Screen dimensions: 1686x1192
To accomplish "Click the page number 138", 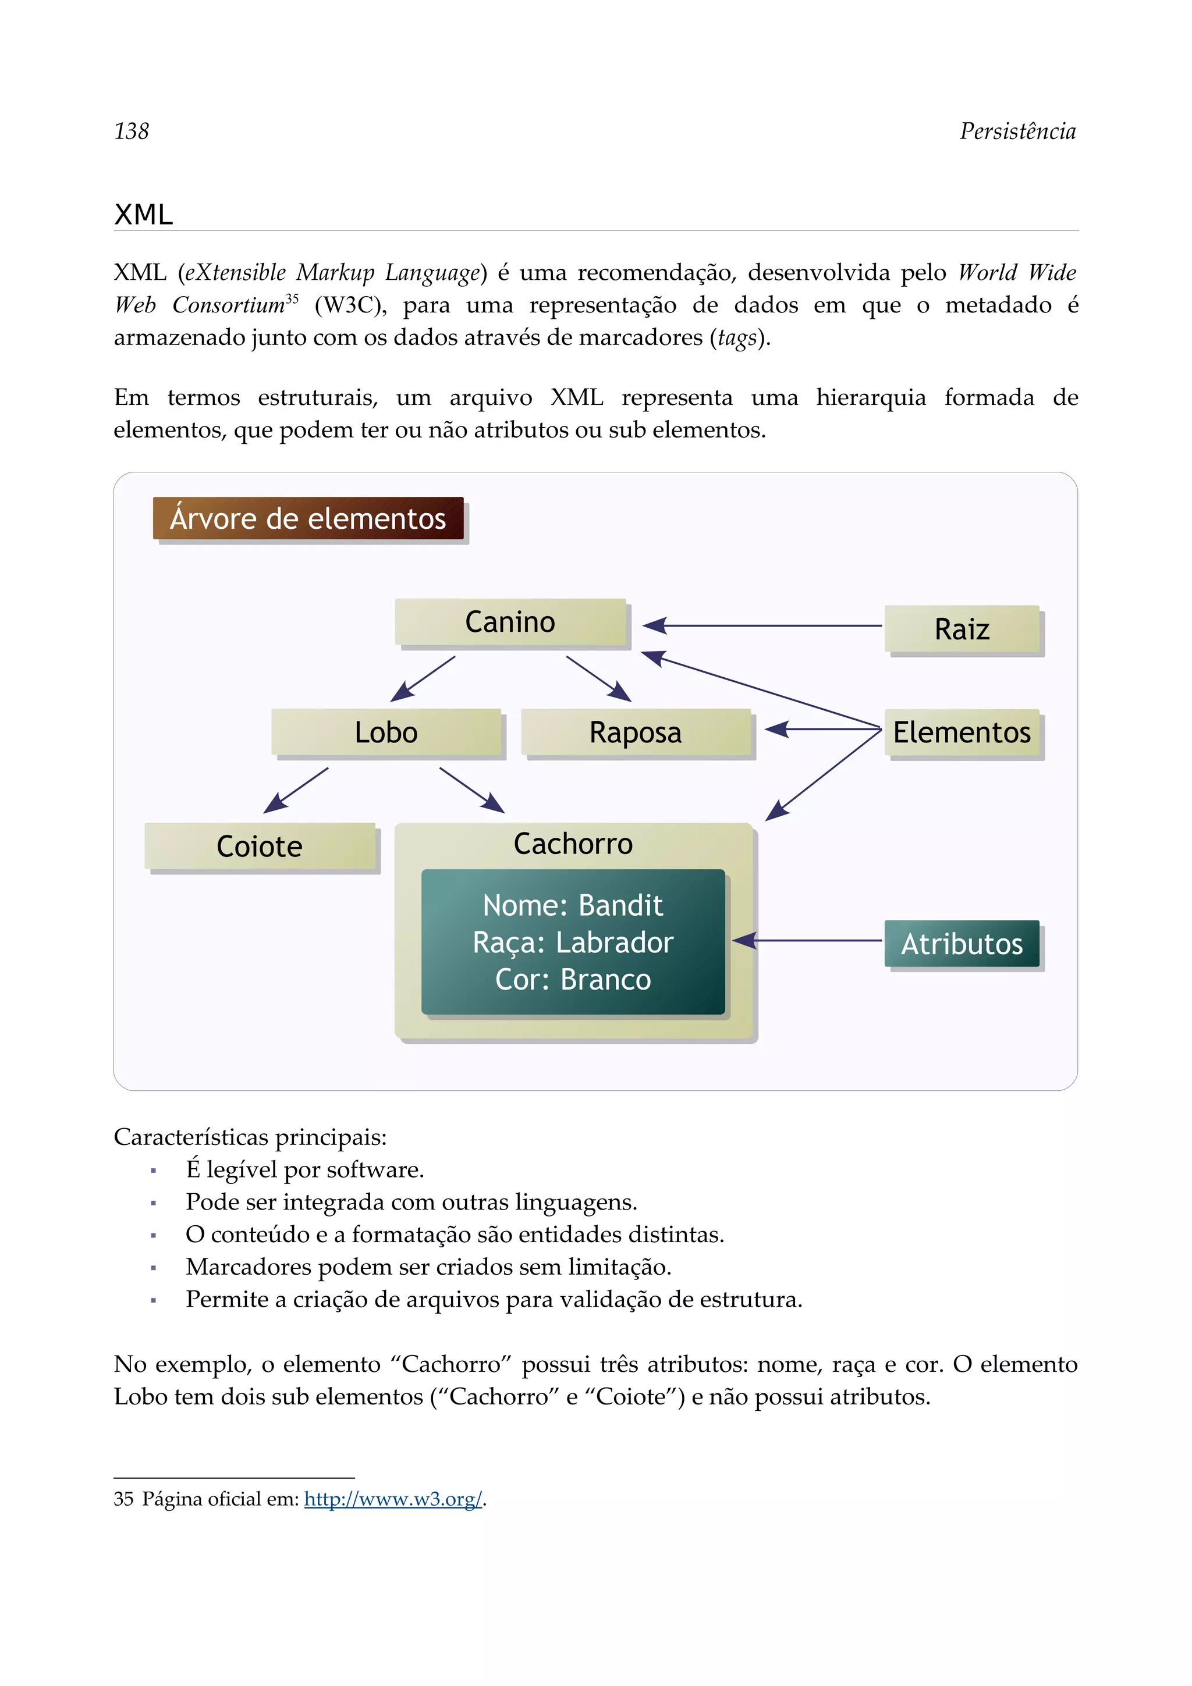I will tap(132, 131).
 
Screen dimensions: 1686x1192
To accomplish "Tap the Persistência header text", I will tap(1017, 131).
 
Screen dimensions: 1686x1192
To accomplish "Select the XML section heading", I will tap(144, 215).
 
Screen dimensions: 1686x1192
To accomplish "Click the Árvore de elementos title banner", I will tap(308, 518).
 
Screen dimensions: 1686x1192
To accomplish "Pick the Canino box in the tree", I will tap(510, 622).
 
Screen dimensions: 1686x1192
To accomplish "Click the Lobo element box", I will tap(386, 732).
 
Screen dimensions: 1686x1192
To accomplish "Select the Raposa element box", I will tap(636, 732).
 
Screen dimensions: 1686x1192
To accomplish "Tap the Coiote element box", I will tap(260, 846).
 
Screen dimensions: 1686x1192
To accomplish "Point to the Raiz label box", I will tap(962, 629).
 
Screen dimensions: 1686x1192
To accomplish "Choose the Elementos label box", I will tap(962, 732).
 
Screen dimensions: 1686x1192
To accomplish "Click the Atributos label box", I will tap(962, 944).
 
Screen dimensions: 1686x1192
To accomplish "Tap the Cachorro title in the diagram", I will tap(573, 844).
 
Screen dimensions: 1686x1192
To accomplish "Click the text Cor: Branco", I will tap(573, 980).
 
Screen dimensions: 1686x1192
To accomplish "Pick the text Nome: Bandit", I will tap(573, 905).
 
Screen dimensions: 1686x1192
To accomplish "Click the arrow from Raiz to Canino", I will tap(764, 625).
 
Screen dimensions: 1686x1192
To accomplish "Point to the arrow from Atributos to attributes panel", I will tap(808, 940).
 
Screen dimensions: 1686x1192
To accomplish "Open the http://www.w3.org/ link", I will tap(393, 1499).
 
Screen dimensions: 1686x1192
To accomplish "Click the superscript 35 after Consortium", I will tap(292, 298).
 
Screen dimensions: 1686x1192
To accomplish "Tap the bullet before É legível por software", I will tap(154, 1171).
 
